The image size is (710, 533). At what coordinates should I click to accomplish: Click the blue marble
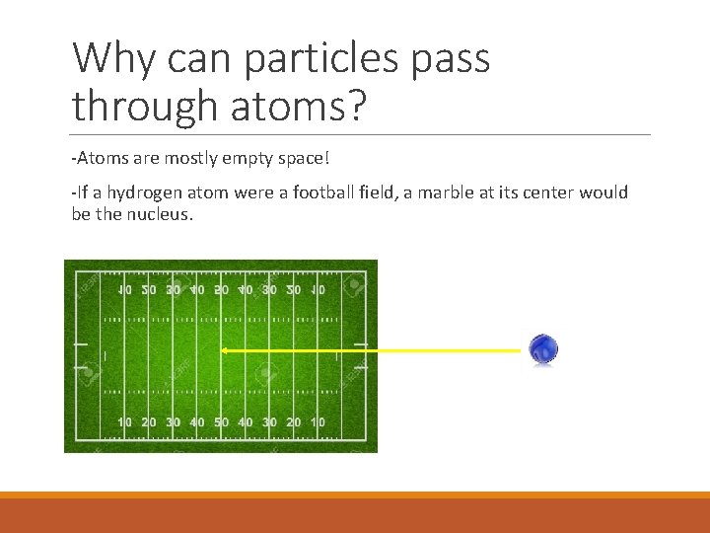[543, 349]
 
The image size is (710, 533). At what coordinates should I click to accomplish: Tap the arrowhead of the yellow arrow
[224, 350]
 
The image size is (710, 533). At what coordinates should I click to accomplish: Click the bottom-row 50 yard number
[221, 422]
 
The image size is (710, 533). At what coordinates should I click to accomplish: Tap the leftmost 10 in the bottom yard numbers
[125, 422]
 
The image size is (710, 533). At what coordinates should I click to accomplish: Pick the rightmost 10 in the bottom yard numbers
[318, 422]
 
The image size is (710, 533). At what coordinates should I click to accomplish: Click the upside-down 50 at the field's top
[221, 290]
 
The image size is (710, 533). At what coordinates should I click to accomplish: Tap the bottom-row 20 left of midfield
[149, 422]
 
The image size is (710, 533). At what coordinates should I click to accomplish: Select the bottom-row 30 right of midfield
[269, 422]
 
